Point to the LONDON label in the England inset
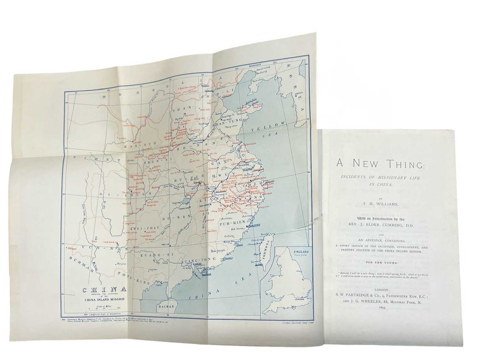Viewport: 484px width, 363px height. pos(300,299)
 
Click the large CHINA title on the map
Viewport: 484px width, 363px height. pos(104,290)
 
